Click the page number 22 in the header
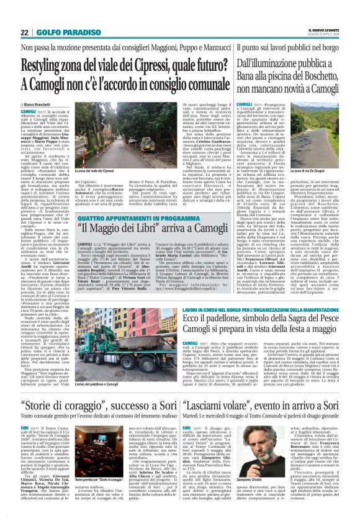click(24, 33)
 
